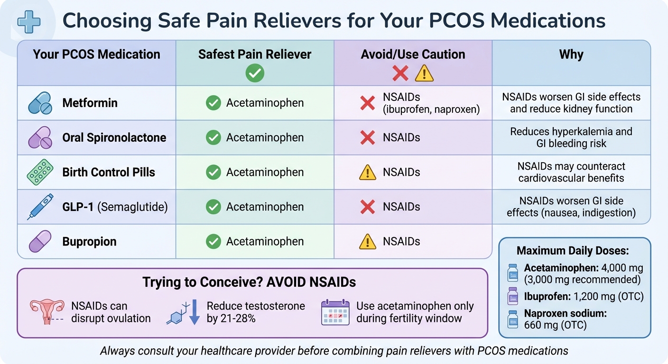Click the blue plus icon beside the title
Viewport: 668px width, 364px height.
[x=28, y=21]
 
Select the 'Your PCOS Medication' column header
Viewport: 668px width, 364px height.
[x=96, y=54]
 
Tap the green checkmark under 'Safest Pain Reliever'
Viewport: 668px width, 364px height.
[x=255, y=73]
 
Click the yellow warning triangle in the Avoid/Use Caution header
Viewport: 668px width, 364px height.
[x=424, y=73]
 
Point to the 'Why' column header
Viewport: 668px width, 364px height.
[x=571, y=54]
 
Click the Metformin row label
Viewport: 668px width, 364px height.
[x=90, y=103]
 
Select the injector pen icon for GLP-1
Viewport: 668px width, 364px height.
[x=41, y=207]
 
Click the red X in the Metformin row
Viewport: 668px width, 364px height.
[x=368, y=103]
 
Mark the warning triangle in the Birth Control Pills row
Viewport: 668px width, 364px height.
[x=368, y=173]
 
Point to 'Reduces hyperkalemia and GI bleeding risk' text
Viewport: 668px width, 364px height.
[x=571, y=137]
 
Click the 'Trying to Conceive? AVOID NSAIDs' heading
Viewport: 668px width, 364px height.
[x=249, y=282]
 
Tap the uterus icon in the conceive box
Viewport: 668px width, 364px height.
[x=47, y=312]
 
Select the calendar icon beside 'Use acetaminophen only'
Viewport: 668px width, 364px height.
[x=335, y=312]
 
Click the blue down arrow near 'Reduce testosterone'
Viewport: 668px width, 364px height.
[x=194, y=313]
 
